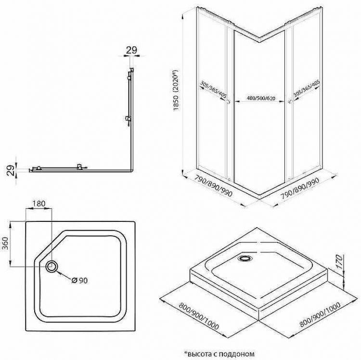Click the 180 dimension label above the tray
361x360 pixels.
[x=39, y=204]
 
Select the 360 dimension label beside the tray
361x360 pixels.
[x=5, y=244]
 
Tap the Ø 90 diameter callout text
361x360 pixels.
[x=79, y=281]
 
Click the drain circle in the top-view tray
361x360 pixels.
[x=52, y=267]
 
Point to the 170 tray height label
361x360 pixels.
[x=339, y=262]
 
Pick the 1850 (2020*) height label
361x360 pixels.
[x=176, y=90]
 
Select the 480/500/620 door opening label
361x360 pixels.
[x=261, y=98]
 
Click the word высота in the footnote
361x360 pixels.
[x=197, y=354]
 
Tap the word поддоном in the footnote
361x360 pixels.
[x=240, y=354]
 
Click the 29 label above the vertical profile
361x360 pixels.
[x=131, y=50]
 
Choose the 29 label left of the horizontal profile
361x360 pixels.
[x=11, y=170]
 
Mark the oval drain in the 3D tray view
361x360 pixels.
[x=245, y=258]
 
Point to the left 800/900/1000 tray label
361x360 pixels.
[x=199, y=316]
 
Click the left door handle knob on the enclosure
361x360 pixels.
[x=228, y=102]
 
